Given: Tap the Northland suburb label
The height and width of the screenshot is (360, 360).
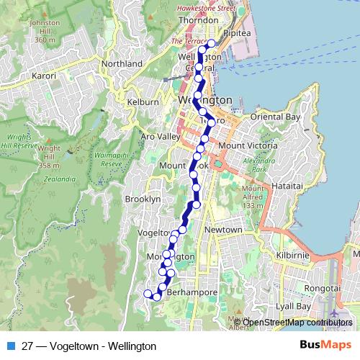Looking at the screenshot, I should tap(122, 64).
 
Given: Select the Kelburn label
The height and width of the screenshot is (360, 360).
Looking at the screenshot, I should tap(143, 103).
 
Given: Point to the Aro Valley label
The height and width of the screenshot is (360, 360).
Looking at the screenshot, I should tap(158, 136).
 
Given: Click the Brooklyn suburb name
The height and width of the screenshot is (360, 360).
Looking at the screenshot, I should tap(143, 199).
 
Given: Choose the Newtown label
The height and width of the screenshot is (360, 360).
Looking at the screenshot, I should tap(223, 230).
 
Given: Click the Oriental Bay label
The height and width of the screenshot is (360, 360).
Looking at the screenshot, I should tap(275, 117).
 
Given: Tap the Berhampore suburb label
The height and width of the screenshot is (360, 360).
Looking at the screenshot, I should tap(191, 294).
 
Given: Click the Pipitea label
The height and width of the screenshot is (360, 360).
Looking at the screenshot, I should tap(237, 33).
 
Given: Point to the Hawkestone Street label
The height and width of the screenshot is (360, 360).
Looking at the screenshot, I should tap(207, 9).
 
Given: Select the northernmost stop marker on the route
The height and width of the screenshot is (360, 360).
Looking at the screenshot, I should tap(211, 44).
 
